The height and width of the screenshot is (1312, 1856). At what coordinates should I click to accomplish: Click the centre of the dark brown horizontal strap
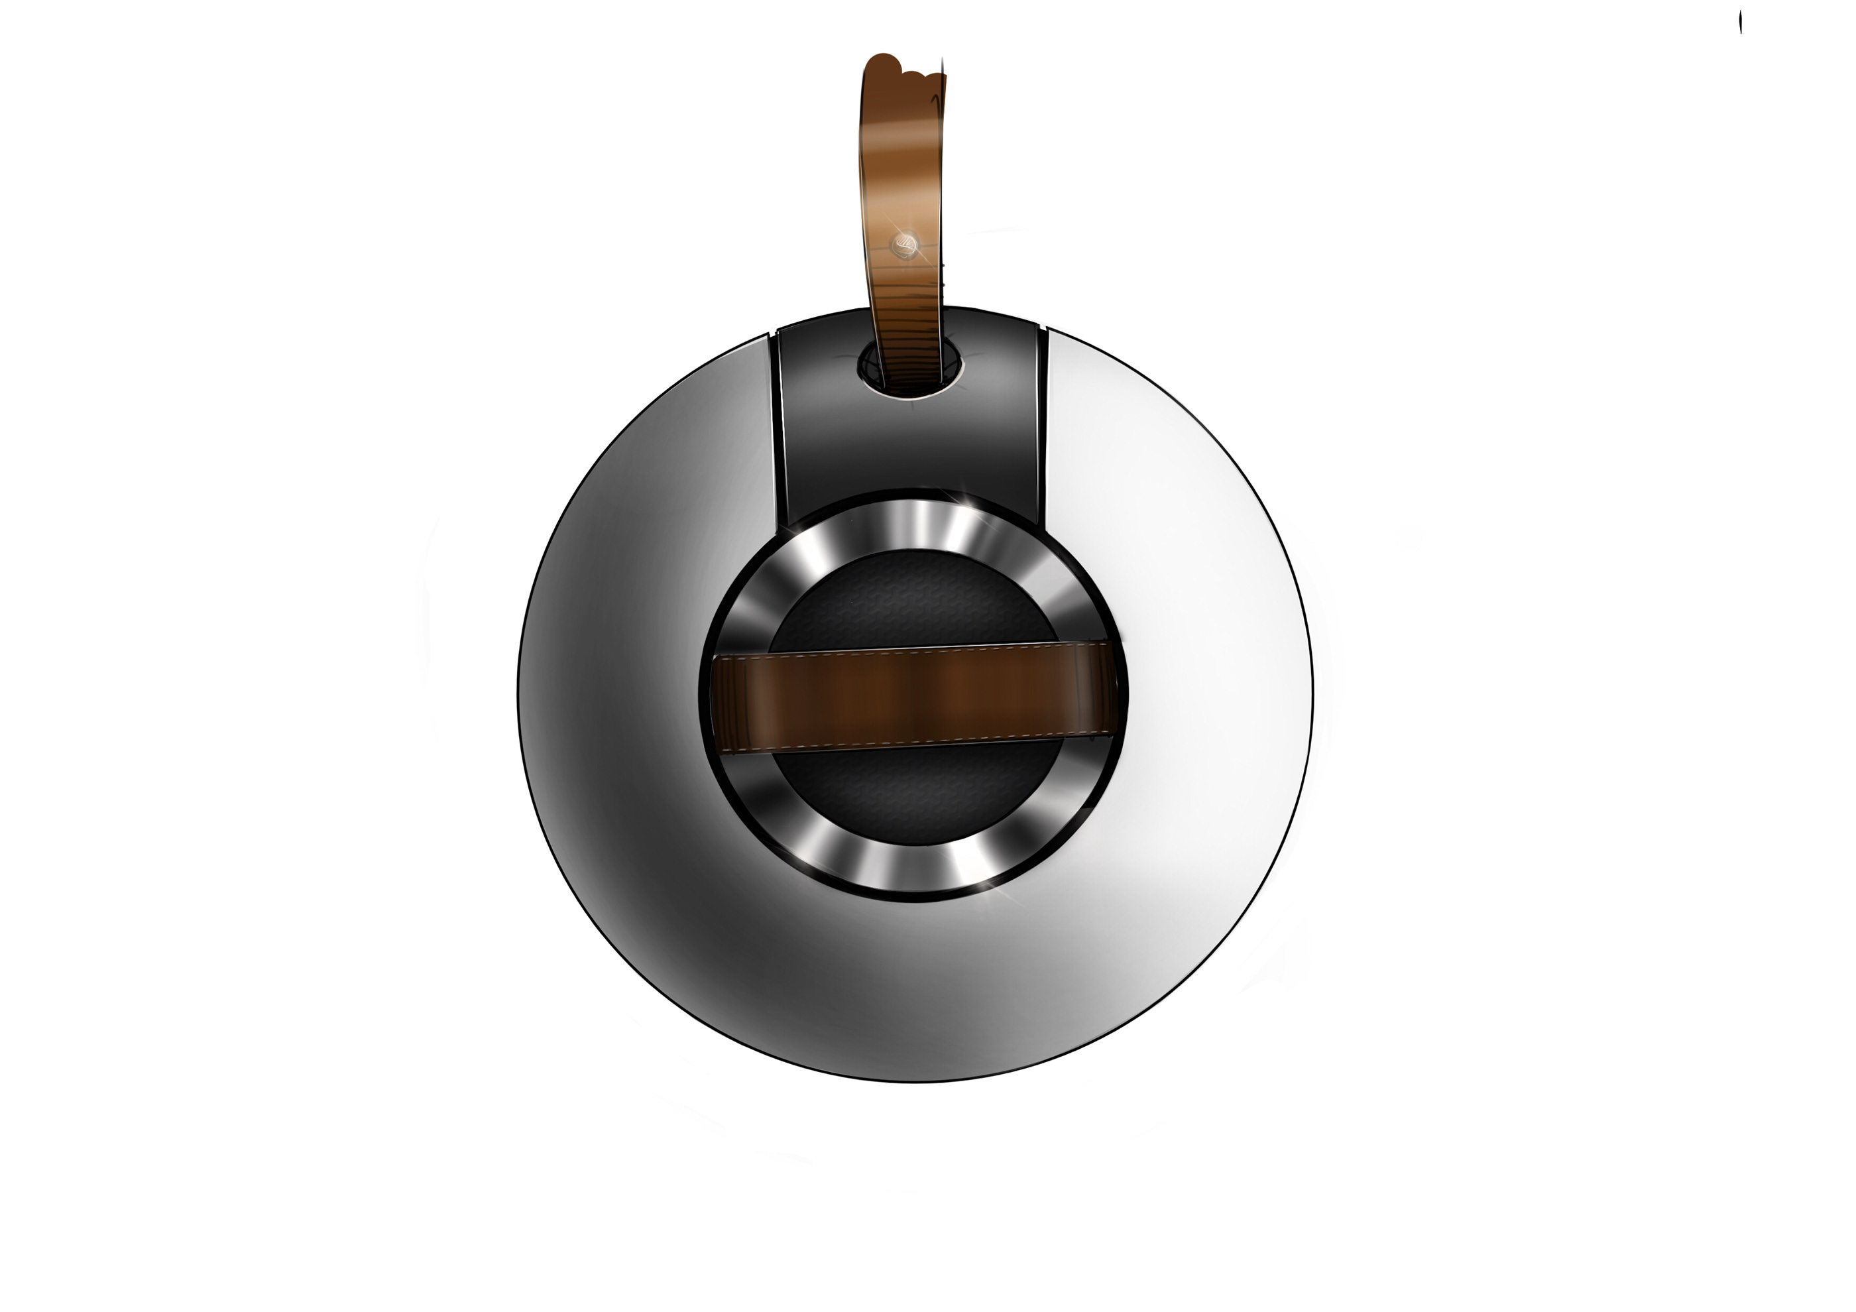913,693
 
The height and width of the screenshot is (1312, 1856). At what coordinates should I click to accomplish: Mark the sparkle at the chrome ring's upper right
962,495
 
